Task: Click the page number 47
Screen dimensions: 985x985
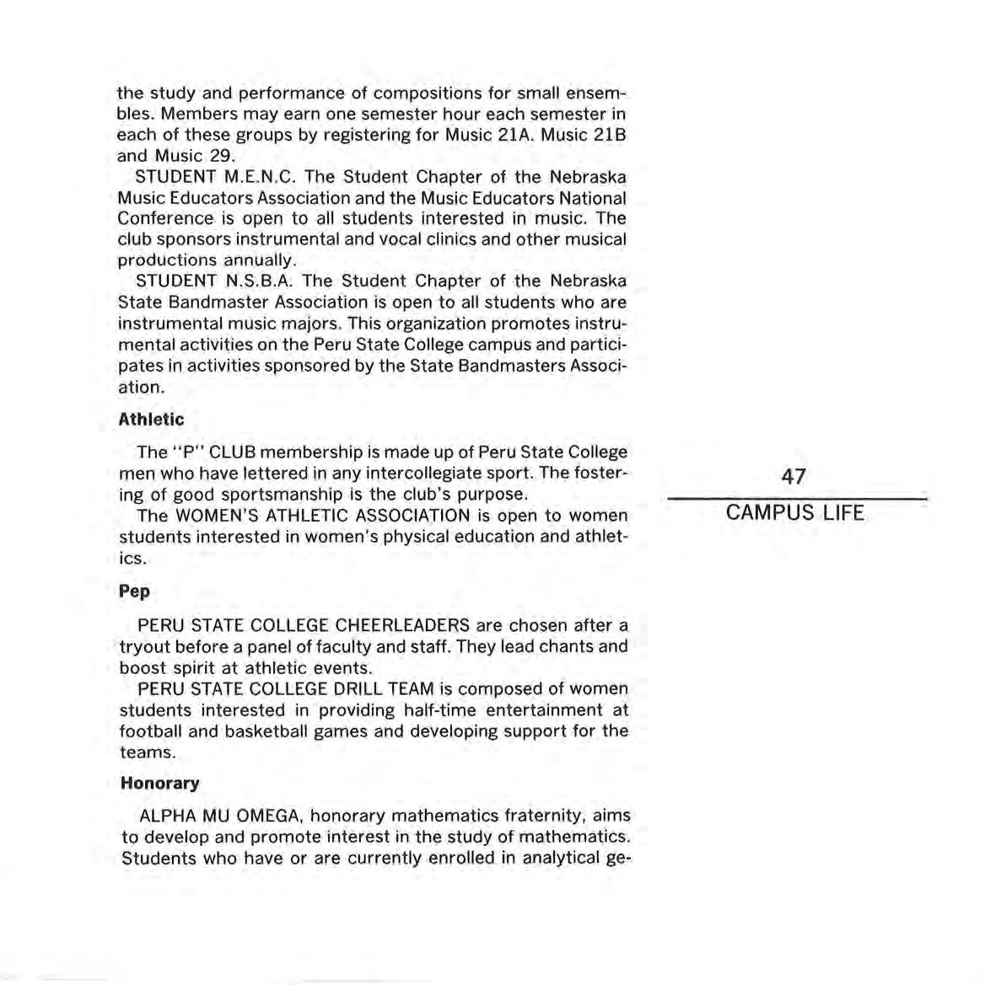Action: [793, 477]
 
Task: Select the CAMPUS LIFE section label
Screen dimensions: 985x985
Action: [794, 513]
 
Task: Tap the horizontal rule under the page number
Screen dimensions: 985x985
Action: [796, 498]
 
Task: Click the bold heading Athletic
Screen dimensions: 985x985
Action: [151, 420]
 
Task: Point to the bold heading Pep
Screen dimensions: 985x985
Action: [135, 592]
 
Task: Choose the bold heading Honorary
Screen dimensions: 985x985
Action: [160, 784]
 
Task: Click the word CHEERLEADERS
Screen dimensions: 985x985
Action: [402, 626]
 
